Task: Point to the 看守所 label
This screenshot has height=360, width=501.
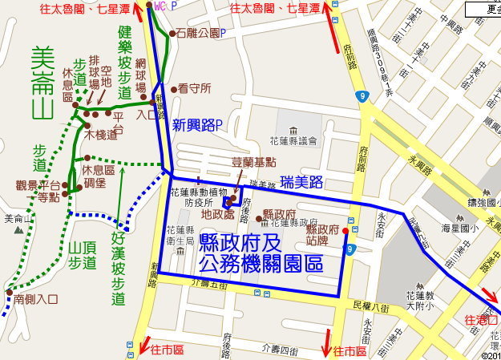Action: [195, 88]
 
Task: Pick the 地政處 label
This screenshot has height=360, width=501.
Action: [217, 215]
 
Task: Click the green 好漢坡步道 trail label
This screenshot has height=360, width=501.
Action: [119, 269]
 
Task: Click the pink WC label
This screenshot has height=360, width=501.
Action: [160, 6]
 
